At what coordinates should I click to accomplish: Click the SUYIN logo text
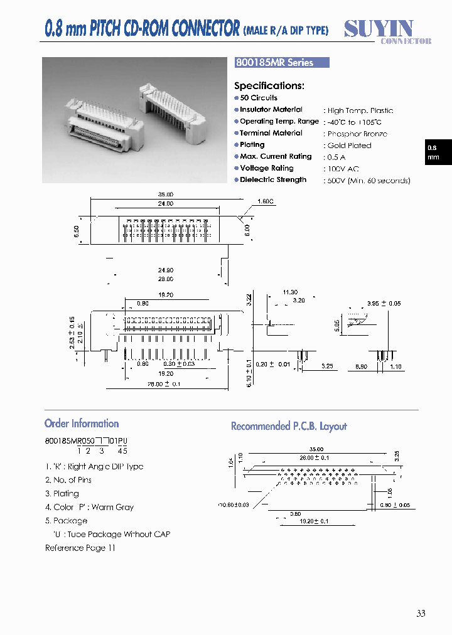point(379,28)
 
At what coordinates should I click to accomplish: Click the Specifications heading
point(269,86)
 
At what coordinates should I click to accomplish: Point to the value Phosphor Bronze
point(357,134)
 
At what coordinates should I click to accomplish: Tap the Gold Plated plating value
point(350,146)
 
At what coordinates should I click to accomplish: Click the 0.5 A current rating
point(336,157)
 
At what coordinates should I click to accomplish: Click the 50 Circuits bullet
point(258,98)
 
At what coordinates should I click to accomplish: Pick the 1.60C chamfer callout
point(266,201)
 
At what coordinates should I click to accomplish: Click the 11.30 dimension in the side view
point(289,292)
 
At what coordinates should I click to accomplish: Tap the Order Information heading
point(82,424)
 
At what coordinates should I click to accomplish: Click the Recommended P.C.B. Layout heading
point(289,426)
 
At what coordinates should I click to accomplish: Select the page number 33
point(421,613)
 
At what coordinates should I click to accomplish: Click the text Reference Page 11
point(80,548)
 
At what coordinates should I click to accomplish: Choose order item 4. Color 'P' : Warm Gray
point(89,507)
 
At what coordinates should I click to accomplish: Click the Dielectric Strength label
point(273,180)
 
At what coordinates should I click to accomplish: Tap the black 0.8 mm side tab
point(434,152)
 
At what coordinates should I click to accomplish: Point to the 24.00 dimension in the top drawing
point(166,204)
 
